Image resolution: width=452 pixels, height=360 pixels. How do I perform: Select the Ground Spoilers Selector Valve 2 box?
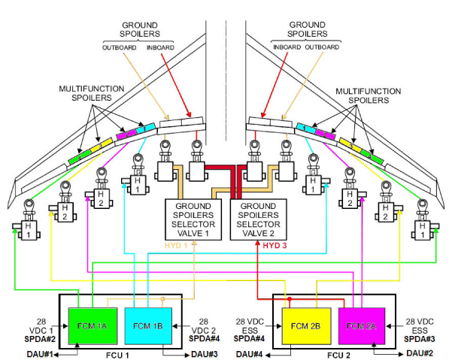[x=258, y=219]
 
